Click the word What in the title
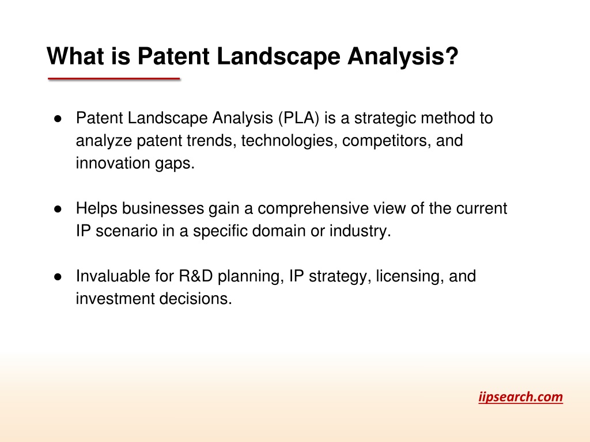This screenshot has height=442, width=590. (x=75, y=56)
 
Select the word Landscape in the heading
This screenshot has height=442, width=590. (x=278, y=56)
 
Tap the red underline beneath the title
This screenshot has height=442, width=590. (x=114, y=78)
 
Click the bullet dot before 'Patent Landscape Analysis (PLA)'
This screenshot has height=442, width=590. (x=58, y=119)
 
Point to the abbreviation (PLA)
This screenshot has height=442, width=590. (x=299, y=118)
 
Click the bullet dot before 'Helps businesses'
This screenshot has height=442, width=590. (x=58, y=209)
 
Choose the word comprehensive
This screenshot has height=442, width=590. (x=313, y=208)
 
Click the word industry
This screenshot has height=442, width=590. (x=360, y=231)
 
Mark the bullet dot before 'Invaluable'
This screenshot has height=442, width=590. (x=58, y=277)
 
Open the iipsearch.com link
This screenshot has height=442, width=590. (x=520, y=397)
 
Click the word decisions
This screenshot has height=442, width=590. (x=196, y=299)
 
